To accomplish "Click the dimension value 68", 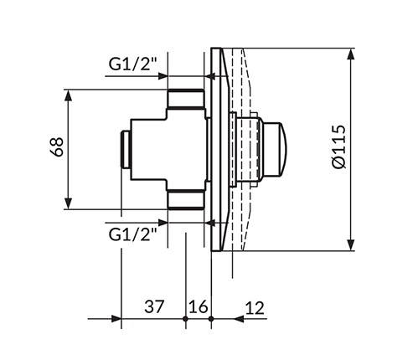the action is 56,147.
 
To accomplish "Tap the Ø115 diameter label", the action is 339,147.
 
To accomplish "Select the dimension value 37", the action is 154,306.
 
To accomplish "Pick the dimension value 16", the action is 199,306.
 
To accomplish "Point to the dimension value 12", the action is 255,308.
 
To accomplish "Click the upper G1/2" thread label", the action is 133,64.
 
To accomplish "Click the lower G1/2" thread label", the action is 133,234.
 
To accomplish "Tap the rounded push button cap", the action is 275,150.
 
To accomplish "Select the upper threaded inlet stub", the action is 186,99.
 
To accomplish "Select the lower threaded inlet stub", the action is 186,199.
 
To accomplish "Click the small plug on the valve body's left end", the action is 126,149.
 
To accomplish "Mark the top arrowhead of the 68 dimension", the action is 68,95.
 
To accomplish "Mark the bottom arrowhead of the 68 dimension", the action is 68,203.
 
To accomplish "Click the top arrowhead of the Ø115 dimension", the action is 351,54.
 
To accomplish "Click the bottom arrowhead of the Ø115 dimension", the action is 351,245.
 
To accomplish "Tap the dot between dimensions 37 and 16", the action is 185,318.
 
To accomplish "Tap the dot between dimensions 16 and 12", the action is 211,318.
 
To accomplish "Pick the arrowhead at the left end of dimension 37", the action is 116,318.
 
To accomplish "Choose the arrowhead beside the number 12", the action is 239,318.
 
